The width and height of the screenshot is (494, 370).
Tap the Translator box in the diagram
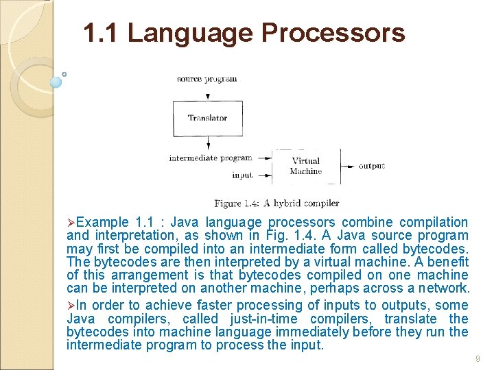point(207,119)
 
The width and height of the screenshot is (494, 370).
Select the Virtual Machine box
point(306,166)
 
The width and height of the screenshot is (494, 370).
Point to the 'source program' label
point(207,79)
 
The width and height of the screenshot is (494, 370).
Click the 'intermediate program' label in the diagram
point(211,158)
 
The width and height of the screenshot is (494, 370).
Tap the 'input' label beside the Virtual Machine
point(242,175)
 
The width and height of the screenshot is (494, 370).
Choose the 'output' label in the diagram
point(372,166)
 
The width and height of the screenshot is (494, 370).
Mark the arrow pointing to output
point(349,166)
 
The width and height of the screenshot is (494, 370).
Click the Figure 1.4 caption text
point(277,203)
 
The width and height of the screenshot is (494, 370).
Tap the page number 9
point(477,358)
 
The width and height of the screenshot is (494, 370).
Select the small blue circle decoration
point(56,82)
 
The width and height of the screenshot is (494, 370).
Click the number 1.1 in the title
point(101,32)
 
